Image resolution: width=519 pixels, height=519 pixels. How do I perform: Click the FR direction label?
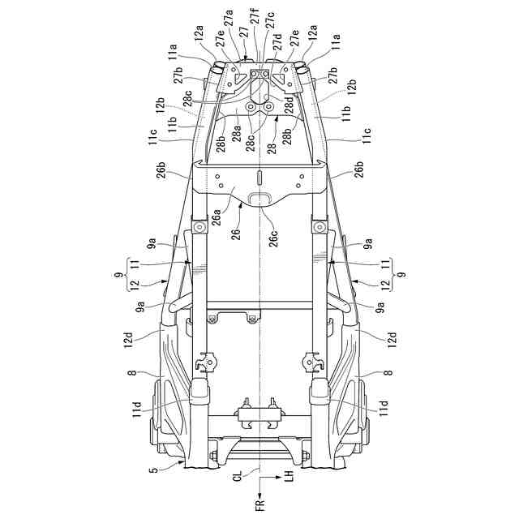coord(259,505)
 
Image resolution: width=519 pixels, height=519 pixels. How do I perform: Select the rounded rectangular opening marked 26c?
coord(259,199)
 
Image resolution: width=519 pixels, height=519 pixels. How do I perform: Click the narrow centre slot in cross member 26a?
coord(259,177)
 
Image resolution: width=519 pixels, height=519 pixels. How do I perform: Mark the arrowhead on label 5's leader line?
coord(182,467)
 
